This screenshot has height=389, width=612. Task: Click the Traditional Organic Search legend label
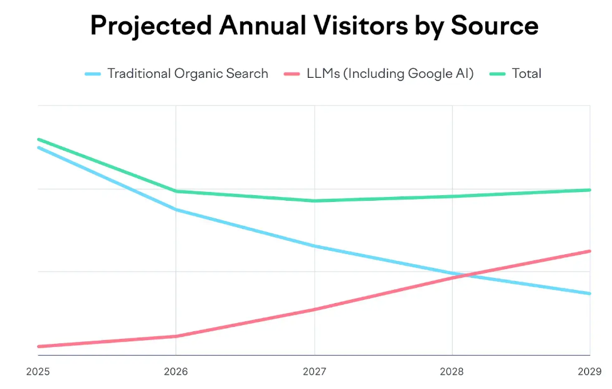187,73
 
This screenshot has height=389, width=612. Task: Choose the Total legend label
526,73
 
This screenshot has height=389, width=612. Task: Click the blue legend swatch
93,74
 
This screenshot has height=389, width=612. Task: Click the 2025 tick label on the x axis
38,371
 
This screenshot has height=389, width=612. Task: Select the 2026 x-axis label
176,371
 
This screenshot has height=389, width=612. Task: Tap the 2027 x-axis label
314,371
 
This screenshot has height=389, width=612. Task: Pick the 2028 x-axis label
452,371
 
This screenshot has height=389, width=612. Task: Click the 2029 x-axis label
590,371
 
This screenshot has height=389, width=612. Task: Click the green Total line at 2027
314,201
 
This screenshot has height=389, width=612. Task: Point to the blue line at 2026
176,210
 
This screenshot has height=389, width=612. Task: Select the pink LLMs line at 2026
176,336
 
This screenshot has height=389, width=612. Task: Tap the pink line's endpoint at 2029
589,251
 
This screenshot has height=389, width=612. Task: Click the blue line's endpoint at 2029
589,294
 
